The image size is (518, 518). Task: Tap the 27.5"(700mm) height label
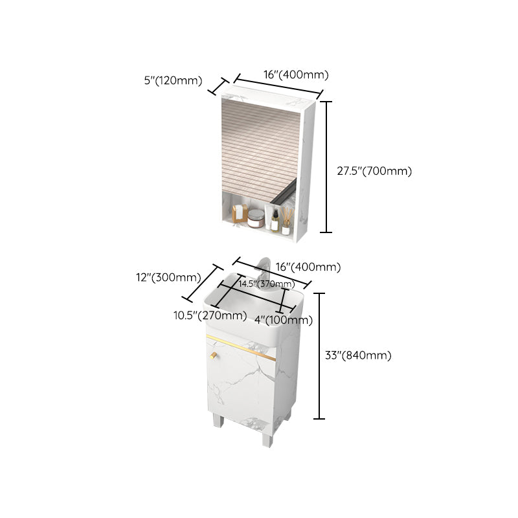pyautogui.click(x=374, y=172)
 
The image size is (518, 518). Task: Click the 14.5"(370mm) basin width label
pyautogui.click(x=266, y=284)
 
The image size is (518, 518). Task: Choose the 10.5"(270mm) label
pyautogui.click(x=210, y=316)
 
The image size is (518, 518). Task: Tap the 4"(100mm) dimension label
pyautogui.click(x=284, y=320)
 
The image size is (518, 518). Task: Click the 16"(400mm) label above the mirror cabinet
pyautogui.click(x=296, y=75)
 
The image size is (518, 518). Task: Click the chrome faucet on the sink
pyautogui.click(x=264, y=272)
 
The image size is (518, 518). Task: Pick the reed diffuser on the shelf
pyautogui.click(x=286, y=217)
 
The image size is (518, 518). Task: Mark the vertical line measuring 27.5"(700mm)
pyautogui.click(x=327, y=167)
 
